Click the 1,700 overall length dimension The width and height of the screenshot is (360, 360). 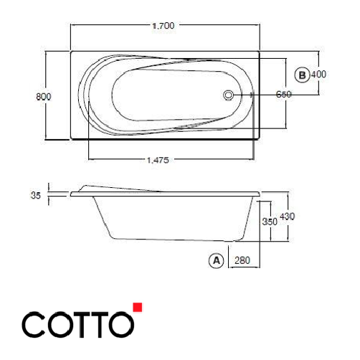165,26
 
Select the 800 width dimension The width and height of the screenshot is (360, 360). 42,95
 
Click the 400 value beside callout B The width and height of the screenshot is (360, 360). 319,74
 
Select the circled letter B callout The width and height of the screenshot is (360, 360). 303,74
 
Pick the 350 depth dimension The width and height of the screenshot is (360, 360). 269,222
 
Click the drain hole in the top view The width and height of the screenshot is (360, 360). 229,95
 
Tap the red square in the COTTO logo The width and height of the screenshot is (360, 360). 138,308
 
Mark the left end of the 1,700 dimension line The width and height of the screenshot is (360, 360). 70,26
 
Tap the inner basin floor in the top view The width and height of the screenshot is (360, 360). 165,95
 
